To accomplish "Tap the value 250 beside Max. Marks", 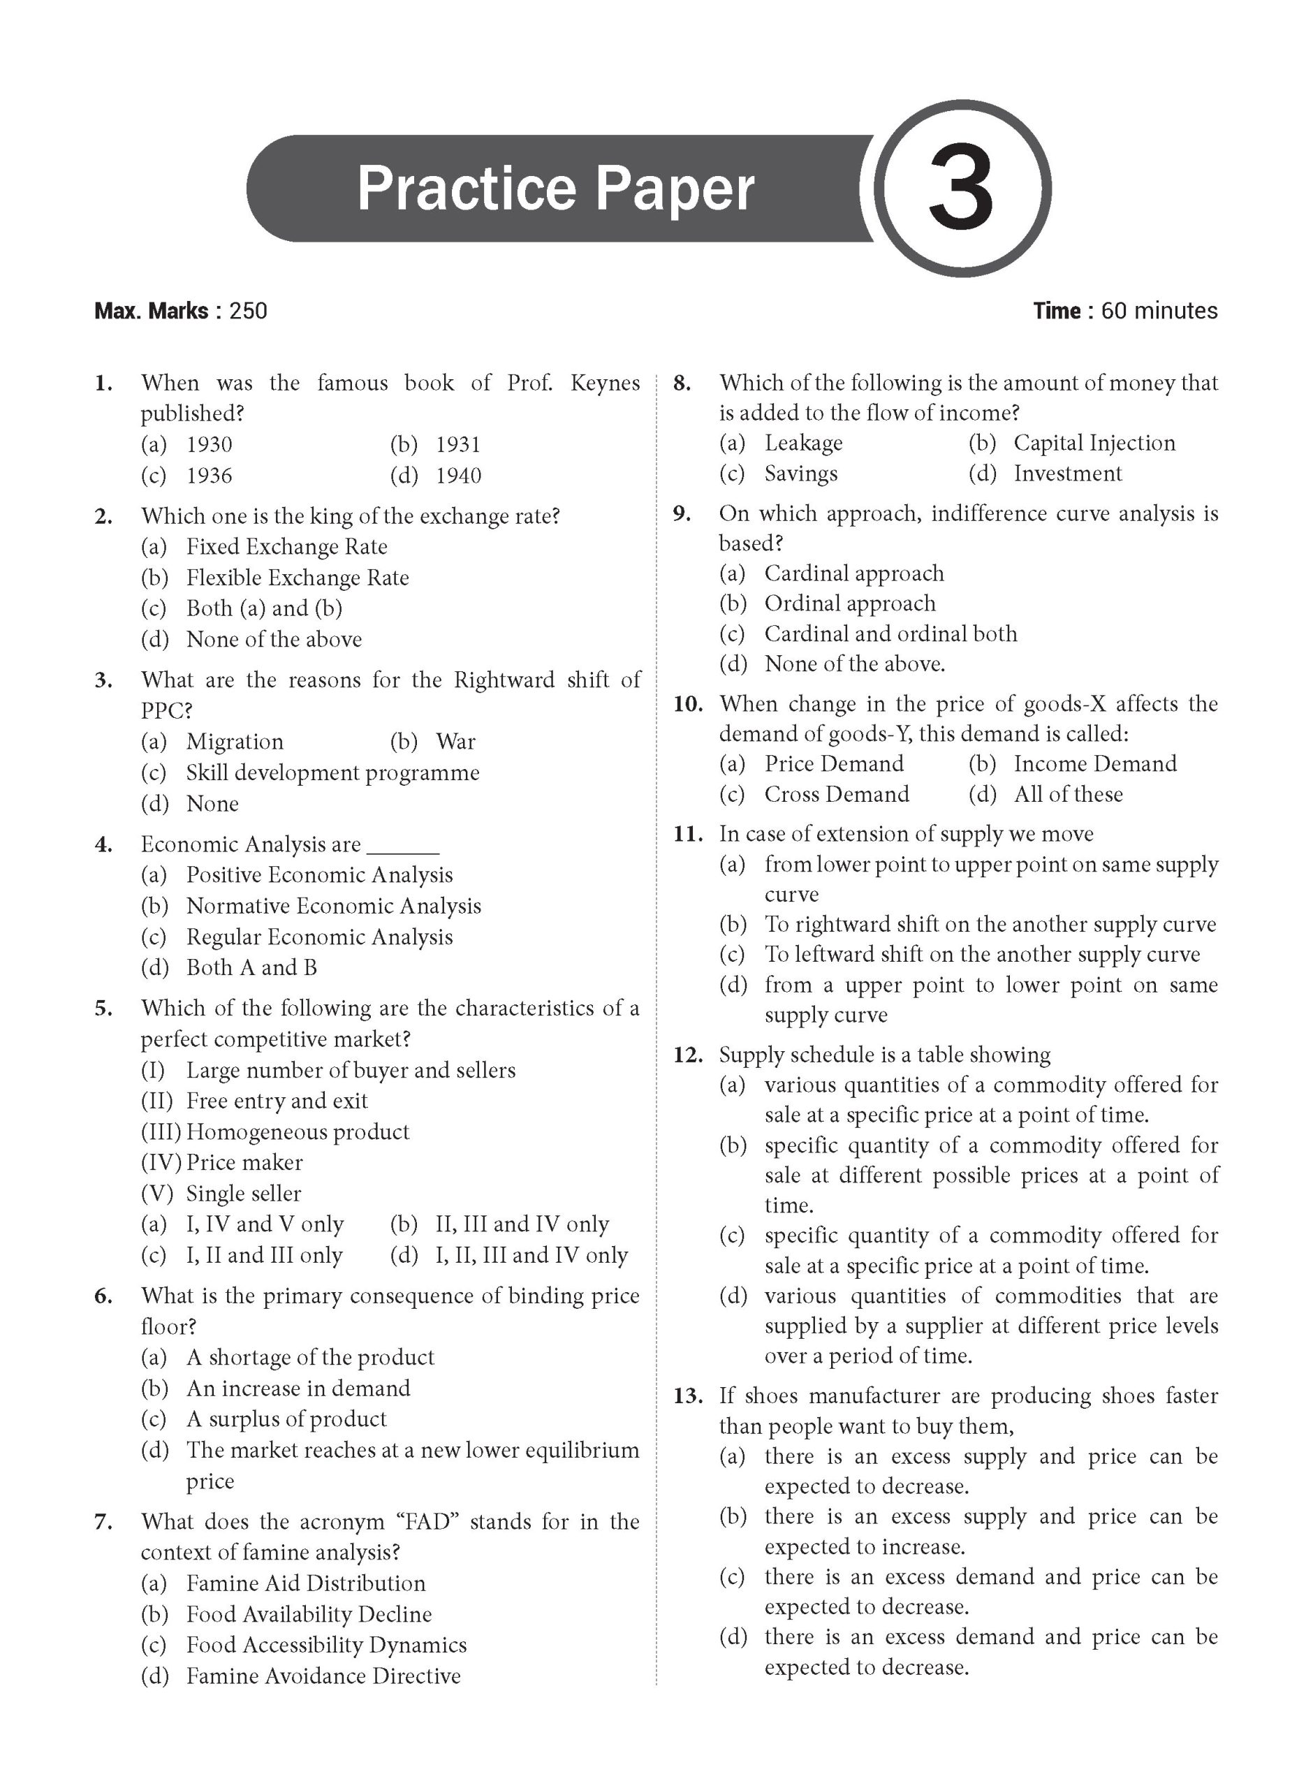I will (x=248, y=311).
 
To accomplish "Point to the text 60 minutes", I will (x=1159, y=311).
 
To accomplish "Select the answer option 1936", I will (x=209, y=476).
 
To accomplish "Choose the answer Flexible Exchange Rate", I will (x=298, y=578).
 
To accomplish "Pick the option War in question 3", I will (x=455, y=742).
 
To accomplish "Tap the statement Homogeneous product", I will (x=298, y=1131).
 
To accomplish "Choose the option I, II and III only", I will (x=264, y=1255).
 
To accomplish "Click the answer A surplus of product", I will (x=286, y=1419).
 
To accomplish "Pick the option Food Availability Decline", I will (x=309, y=1614).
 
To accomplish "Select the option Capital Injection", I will (x=1094, y=444).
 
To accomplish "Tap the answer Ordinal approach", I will (x=850, y=604).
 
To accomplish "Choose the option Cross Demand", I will (x=836, y=795).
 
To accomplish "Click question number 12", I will (x=687, y=1055).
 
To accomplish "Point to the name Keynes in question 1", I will (x=604, y=383).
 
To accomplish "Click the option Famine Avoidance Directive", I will (x=323, y=1676).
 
